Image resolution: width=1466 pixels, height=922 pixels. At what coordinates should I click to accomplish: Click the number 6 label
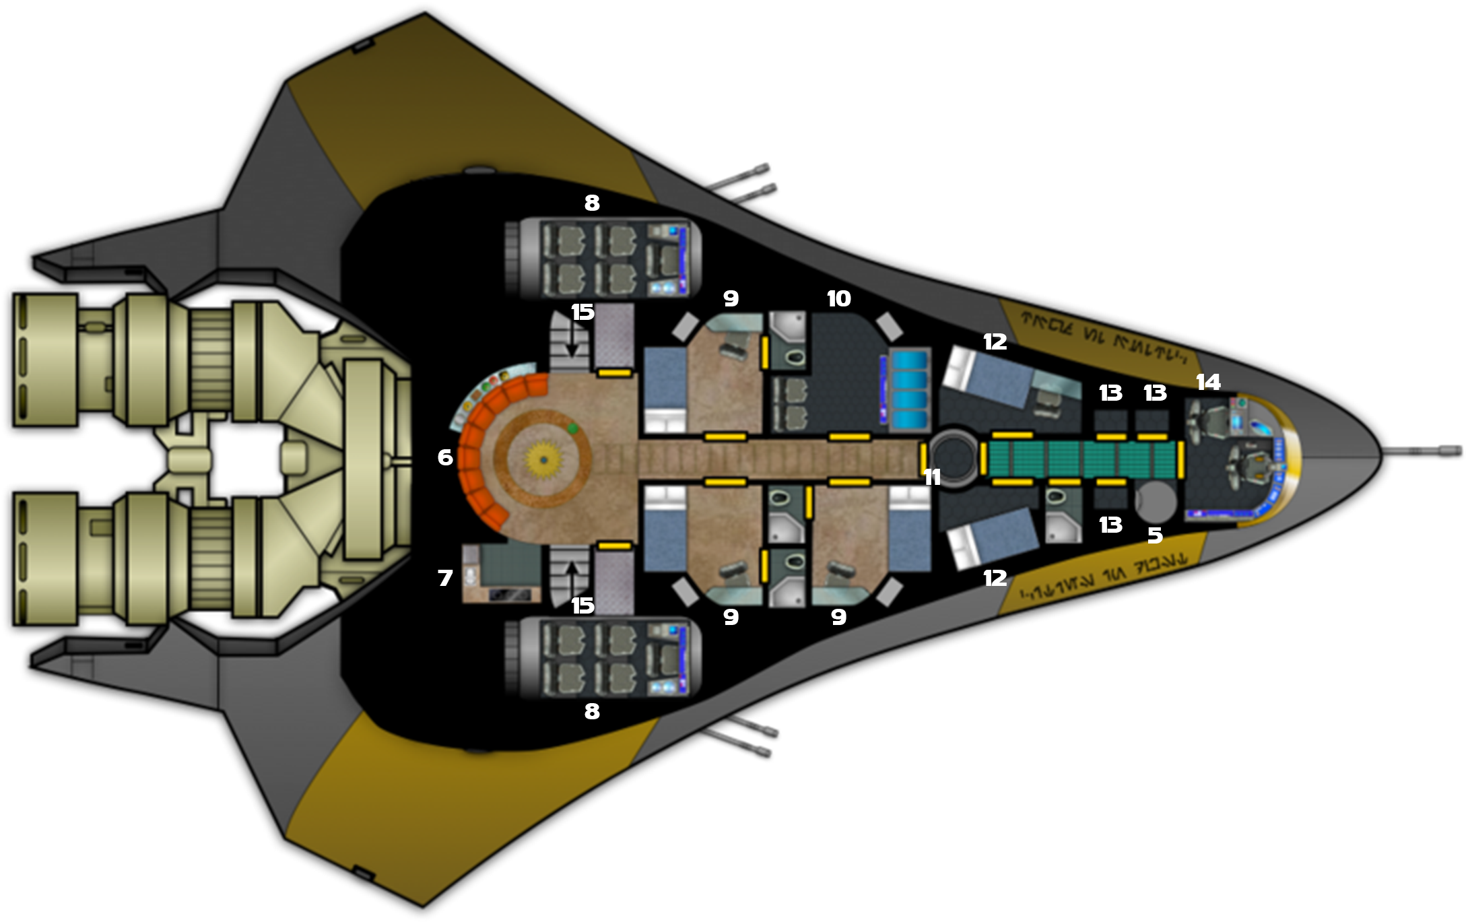pos(444,457)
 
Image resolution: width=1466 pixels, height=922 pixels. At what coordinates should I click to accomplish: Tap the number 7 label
pos(444,578)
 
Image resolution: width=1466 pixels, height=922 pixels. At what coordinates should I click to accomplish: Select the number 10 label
pos(838,298)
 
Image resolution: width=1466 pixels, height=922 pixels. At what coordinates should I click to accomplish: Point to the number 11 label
pos(932,478)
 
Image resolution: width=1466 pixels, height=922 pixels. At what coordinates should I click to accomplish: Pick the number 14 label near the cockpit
pos(1208,383)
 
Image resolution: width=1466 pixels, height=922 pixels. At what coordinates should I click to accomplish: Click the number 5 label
pos(1155,535)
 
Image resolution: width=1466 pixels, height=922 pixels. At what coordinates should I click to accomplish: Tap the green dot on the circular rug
pos(572,428)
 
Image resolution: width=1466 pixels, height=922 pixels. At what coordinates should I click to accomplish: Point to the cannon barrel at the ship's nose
pos(1421,451)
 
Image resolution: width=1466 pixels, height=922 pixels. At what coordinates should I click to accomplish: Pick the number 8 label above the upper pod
pos(591,203)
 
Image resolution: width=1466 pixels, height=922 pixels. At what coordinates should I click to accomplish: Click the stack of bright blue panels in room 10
pos(909,391)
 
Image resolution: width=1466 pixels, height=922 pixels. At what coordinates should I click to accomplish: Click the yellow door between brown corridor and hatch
pos(923,459)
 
